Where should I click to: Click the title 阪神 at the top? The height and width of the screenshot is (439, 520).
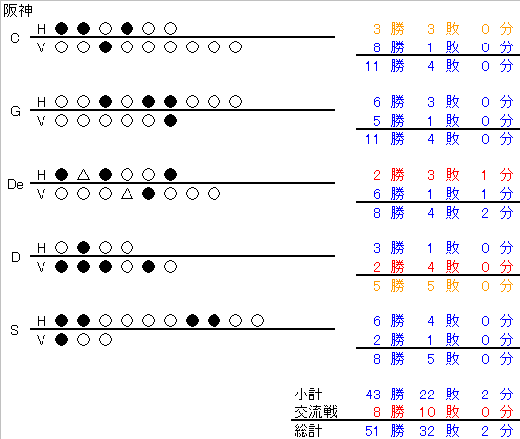pos(18,10)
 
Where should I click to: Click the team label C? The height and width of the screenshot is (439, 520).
pos(15,38)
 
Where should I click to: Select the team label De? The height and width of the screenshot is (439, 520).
pos(15,184)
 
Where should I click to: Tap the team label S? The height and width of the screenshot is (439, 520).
pos(14,330)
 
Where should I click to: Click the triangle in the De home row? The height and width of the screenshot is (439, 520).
pos(84,175)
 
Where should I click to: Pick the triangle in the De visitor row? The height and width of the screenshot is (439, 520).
pos(127,194)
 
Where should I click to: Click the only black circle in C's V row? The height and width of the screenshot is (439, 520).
pos(105,47)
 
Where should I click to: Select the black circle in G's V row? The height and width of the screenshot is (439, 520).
pos(170,121)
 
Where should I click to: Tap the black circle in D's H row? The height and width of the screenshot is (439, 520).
pos(84,248)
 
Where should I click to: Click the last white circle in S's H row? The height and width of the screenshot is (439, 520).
pos(257,320)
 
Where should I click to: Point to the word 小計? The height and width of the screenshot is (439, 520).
pos(308,395)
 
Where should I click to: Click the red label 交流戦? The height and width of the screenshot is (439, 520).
pos(315,412)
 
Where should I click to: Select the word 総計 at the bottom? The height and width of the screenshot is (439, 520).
pos(308,431)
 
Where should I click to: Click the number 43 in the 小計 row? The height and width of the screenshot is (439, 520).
pos(373,395)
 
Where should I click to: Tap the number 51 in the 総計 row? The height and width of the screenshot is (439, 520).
pos(372,431)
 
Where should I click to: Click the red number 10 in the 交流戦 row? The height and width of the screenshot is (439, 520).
pos(427,412)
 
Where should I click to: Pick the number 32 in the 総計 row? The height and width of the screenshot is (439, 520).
pos(427,431)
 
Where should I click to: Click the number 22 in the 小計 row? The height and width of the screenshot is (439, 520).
pos(427,395)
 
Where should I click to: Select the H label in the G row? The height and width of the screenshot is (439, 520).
pos(42,102)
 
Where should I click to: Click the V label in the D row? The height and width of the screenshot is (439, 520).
pos(41,267)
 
